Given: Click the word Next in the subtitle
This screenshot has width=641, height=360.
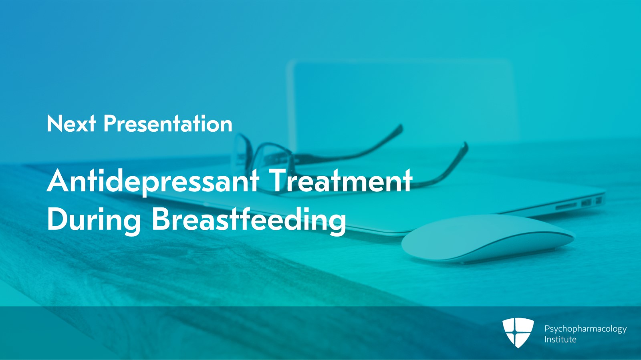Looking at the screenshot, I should coord(71,124).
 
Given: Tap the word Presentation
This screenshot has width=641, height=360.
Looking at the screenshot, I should coord(168,124).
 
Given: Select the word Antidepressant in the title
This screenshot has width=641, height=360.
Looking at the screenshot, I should coord(153,181).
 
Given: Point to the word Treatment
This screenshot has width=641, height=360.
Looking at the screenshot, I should coord(341,180).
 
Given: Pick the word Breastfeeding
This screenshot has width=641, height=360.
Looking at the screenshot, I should coord(248,219).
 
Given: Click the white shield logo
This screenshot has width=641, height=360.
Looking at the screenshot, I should coord(518,332).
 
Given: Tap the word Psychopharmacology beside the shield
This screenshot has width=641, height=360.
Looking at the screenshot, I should coord(585,329).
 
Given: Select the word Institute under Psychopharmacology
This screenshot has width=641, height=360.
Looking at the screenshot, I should coord(560,340).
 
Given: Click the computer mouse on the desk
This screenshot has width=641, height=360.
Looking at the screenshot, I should coord(487,239).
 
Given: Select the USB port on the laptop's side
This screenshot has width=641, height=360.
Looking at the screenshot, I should coord(586,203).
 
